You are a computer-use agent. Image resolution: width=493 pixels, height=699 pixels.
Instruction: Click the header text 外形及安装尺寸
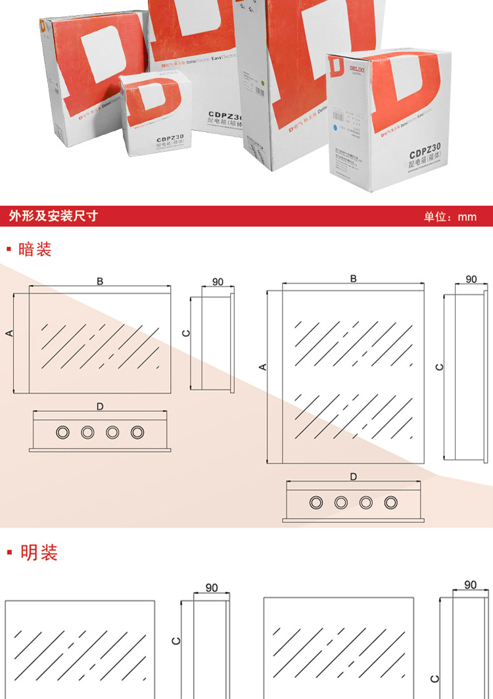(x=54, y=216)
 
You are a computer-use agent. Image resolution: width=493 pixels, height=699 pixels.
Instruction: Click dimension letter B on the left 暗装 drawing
(x=100, y=281)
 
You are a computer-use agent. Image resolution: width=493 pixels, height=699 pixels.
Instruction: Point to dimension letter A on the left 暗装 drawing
(x=9, y=333)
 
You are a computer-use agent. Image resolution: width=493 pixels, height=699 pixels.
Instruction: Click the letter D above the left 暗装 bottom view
(x=99, y=407)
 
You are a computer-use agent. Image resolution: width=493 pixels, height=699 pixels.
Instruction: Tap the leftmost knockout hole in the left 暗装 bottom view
(x=62, y=432)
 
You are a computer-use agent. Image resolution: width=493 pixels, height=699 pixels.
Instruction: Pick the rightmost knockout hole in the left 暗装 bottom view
(x=137, y=432)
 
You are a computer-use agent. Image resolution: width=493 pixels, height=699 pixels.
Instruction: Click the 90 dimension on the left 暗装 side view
(x=218, y=282)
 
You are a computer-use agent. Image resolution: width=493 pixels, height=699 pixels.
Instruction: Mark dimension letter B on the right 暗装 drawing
(x=353, y=279)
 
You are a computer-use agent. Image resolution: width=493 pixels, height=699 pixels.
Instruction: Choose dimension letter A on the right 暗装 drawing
(x=263, y=367)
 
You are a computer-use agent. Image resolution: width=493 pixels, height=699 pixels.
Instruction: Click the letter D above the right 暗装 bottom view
(x=353, y=476)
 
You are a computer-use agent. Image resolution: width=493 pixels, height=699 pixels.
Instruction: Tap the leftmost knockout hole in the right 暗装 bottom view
(x=316, y=502)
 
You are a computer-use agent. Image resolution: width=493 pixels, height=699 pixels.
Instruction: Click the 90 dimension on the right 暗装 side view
(x=471, y=279)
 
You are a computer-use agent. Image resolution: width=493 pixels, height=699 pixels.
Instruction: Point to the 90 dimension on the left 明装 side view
(x=212, y=587)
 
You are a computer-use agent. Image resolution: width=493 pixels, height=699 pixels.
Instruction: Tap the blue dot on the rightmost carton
(x=336, y=124)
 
